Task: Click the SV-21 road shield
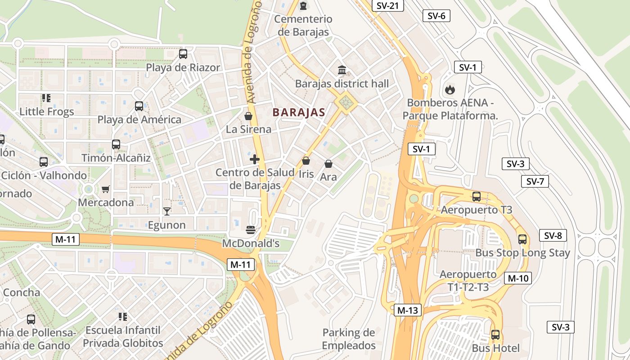click(388, 5)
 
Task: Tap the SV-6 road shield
click(436, 16)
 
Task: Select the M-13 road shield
click(408, 310)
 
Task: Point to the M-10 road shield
click(517, 278)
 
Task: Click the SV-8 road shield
click(553, 235)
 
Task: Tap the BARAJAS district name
click(299, 112)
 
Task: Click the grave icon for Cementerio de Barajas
click(304, 6)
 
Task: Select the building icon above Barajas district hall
click(342, 71)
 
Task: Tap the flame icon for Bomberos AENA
click(450, 90)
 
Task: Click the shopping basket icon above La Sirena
click(248, 116)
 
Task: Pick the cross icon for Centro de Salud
click(255, 159)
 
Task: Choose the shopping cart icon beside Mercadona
click(106, 189)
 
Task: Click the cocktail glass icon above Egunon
click(167, 211)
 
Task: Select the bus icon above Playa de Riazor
click(183, 54)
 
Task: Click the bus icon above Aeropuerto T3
click(477, 197)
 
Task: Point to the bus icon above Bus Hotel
click(495, 335)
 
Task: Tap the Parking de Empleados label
click(349, 339)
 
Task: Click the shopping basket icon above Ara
click(328, 164)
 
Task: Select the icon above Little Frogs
click(46, 98)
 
